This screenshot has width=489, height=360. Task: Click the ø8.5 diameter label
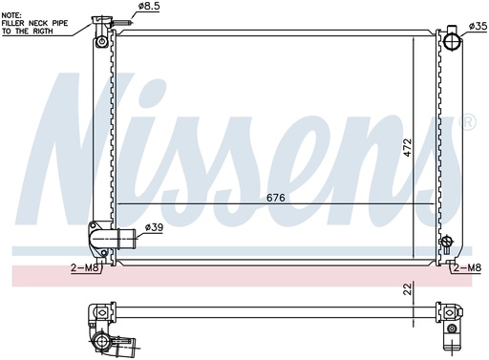click(149, 7)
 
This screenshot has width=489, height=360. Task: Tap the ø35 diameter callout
click(478, 26)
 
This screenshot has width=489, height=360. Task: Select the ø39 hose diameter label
click(154, 227)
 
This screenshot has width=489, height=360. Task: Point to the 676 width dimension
click(276, 198)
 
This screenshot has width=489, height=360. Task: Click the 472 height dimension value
click(408, 147)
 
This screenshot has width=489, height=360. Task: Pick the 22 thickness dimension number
click(408, 288)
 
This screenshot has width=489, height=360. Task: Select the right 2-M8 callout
click(467, 268)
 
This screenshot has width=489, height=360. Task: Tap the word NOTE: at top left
click(11, 15)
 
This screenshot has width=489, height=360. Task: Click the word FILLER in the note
click(13, 23)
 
